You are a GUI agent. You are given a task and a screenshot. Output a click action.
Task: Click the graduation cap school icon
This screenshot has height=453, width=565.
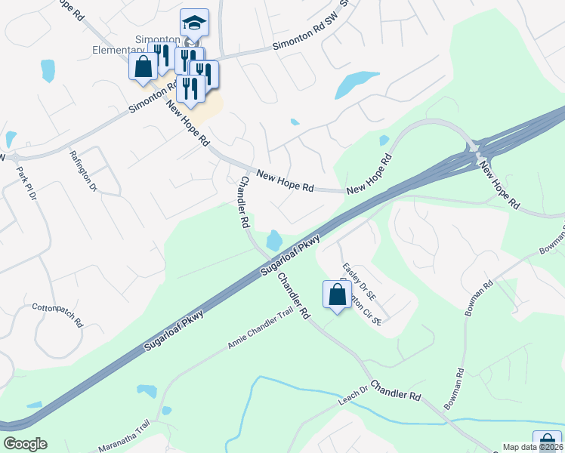pos(194,23)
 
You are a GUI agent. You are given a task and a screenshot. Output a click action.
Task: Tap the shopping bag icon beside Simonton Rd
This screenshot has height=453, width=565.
pos(143,66)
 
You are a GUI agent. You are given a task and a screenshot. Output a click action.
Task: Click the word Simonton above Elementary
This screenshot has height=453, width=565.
pos(156,40)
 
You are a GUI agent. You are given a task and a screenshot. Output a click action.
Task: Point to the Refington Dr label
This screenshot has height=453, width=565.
pos(83,168)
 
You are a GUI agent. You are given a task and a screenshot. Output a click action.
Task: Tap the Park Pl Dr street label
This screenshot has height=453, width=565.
pos(26,183)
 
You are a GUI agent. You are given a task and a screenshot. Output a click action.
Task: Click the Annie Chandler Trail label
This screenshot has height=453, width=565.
pos(259,332)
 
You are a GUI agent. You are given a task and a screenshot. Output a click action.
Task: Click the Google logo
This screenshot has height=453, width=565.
pos(25,444)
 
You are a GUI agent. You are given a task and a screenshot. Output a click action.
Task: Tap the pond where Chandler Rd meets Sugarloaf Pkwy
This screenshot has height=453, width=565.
pos(273,241)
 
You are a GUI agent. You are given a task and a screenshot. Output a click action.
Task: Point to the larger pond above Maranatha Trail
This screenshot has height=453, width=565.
pos(147,391)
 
